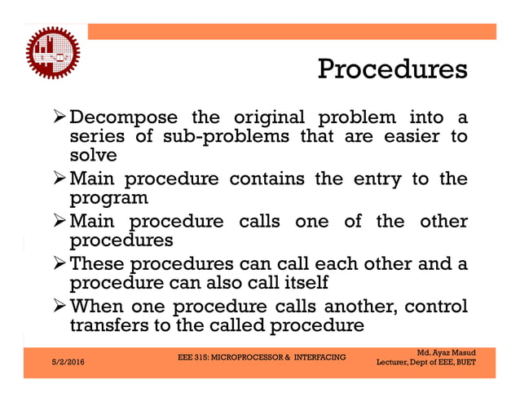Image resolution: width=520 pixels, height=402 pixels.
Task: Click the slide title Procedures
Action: (391, 68)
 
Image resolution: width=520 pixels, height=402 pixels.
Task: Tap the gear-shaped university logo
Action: (51, 51)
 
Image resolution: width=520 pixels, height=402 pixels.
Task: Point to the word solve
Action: (93, 155)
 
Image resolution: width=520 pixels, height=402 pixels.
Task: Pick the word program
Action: (108, 198)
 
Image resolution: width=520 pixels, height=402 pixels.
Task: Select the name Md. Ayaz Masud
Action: (446, 352)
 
